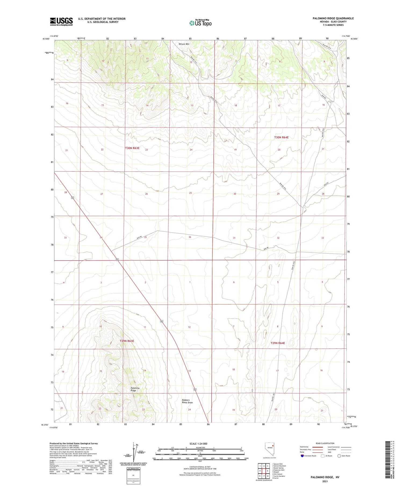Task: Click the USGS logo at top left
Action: click(x=61, y=21)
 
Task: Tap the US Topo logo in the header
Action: click(x=200, y=23)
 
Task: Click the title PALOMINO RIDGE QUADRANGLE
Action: click(x=333, y=18)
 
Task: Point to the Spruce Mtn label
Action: click(x=184, y=44)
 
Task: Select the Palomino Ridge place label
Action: click(x=135, y=389)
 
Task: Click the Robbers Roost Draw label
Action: click(x=187, y=401)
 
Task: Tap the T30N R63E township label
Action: click(x=132, y=148)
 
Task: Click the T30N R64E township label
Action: click(x=281, y=137)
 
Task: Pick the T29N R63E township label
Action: click(x=127, y=341)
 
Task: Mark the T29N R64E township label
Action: click(x=278, y=343)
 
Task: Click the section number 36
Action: click(x=190, y=237)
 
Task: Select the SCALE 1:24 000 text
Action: click(x=198, y=443)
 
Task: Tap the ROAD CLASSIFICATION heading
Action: click(x=325, y=443)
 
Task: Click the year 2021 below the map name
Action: click(x=325, y=481)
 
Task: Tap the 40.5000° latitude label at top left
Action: click(x=46, y=39)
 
